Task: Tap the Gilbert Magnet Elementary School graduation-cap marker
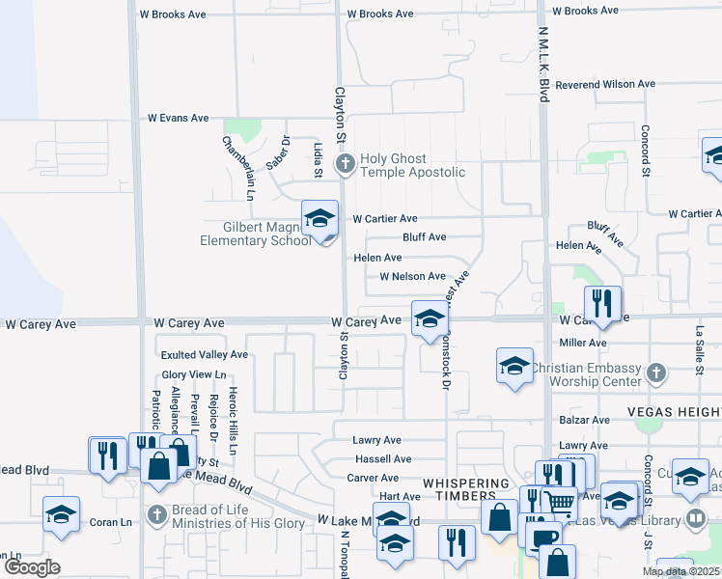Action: (319, 219)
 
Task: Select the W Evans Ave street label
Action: (178, 118)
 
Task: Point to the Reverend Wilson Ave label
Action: (605, 85)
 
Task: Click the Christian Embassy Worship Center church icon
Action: (656, 372)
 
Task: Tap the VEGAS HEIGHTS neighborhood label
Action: (675, 411)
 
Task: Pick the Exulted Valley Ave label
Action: (205, 355)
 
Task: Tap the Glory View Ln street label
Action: (194, 374)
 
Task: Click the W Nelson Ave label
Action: (412, 277)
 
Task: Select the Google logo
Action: (32, 567)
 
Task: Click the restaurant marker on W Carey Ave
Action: (602, 302)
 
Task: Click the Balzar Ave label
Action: (584, 421)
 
